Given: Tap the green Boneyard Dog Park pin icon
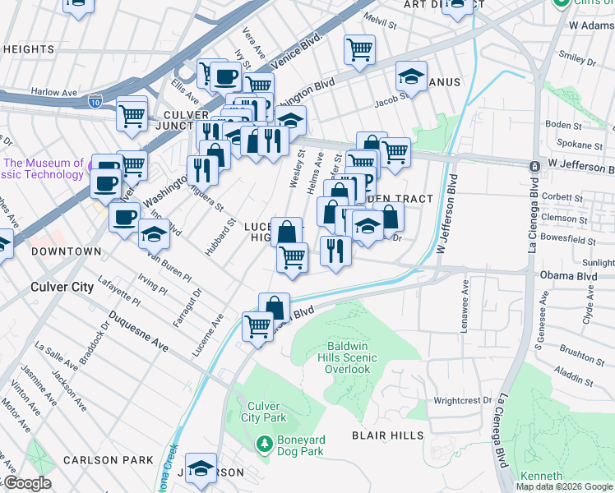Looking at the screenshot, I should (x=264, y=444).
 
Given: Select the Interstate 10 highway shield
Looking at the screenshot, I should (x=95, y=103).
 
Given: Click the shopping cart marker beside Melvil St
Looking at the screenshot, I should (x=359, y=49).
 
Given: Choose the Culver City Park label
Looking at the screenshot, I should (x=264, y=412).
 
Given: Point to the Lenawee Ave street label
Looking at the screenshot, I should (x=465, y=301).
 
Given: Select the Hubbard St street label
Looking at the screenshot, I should (x=215, y=237).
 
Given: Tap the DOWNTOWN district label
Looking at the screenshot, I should (x=66, y=251).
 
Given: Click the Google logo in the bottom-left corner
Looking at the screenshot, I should (x=26, y=484).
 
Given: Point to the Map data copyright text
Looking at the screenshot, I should (x=564, y=486).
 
